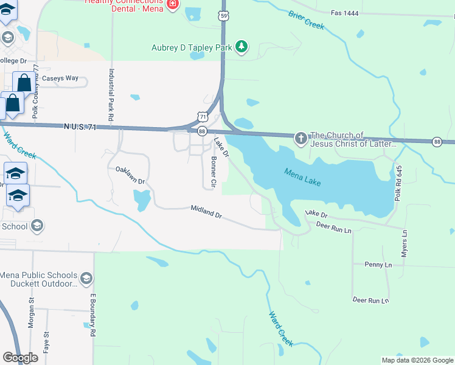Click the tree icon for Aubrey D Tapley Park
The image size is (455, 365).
coord(241,47)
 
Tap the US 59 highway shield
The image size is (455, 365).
coord(224,15)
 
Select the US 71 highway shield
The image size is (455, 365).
coord(203,116)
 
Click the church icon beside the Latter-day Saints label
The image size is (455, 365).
coord(300,139)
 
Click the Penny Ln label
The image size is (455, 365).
coord(378,265)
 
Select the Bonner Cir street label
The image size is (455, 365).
coord(214,172)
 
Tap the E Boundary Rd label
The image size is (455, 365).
coord(94,315)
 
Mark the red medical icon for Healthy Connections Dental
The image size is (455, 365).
coord(173,4)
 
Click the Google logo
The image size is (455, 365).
coord(20,358)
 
